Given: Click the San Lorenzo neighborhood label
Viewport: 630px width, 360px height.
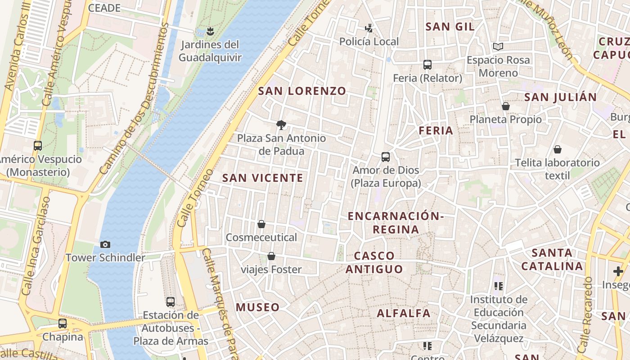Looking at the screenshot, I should pos(302,91).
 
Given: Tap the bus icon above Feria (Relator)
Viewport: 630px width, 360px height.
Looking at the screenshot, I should pos(427,65).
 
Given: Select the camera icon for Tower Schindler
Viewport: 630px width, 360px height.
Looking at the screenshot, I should pos(105,244).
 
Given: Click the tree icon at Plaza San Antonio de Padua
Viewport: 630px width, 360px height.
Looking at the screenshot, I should pos(281,125).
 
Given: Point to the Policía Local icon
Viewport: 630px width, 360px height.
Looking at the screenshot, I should pos(369,28).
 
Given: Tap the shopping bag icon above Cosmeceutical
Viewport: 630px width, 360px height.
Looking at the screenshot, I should pos(261,224).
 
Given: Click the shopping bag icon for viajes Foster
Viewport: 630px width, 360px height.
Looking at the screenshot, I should pos(271,256).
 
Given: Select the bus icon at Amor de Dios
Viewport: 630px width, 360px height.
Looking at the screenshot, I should pos(386,157).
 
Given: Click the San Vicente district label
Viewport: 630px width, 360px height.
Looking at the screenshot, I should pos(263,178).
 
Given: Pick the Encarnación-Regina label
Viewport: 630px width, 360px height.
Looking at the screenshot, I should pos(396,223).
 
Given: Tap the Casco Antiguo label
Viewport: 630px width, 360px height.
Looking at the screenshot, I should pos(374,262).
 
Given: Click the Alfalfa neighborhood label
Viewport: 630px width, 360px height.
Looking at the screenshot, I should pos(404,313).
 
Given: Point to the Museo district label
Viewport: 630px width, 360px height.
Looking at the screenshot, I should pos(258,307).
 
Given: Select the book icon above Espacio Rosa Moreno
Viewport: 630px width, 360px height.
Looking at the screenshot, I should pos(498,46).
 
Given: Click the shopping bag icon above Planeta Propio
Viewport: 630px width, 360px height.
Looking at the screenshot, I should pos(506,106).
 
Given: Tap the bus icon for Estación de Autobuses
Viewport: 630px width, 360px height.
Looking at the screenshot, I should pos(171,302).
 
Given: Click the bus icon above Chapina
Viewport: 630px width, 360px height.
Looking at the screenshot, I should pos(63,324).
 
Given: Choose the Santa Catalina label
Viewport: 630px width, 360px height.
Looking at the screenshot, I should pos(552,259).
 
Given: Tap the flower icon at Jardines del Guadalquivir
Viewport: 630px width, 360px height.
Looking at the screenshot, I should pos(210,31).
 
